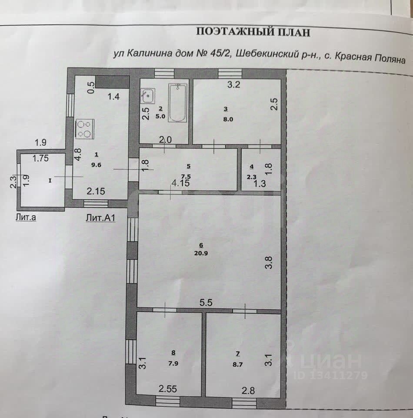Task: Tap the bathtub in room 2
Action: pyautogui.click(x=177, y=103)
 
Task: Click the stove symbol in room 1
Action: pyautogui.click(x=85, y=129)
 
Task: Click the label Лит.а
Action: pyautogui.click(x=25, y=218)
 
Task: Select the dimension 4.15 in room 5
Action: pyautogui.click(x=180, y=183)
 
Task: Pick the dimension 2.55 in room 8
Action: pyautogui.click(x=168, y=388)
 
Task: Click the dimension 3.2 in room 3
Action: pyautogui.click(x=234, y=85)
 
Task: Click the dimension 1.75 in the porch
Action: pyautogui.click(x=40, y=158)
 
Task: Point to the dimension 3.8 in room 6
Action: pyautogui.click(x=269, y=263)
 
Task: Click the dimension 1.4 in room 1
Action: pyautogui.click(x=114, y=97)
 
